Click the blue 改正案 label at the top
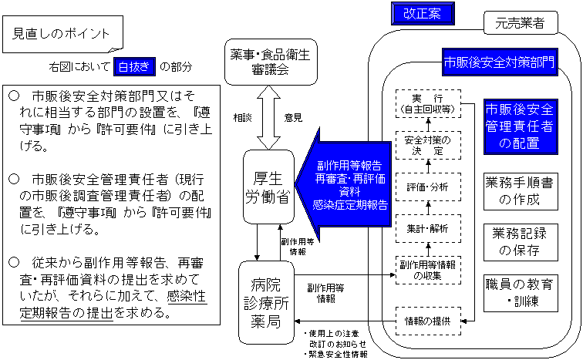pyautogui.click(x=421, y=13)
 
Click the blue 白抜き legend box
pyautogui.click(x=135, y=67)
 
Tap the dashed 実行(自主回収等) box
pyautogui.click(x=427, y=104)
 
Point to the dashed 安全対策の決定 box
pyautogui.click(x=427, y=146)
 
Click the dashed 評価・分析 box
pyautogui.click(x=427, y=187)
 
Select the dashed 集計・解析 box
pyautogui.click(x=427, y=228)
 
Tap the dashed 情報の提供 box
pyautogui.click(x=427, y=320)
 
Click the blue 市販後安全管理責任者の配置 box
pyautogui.click(x=519, y=126)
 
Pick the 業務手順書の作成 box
pyautogui.click(x=519, y=191)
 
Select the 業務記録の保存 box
pyautogui.click(x=519, y=241)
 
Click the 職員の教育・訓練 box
pyautogui.click(x=519, y=292)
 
